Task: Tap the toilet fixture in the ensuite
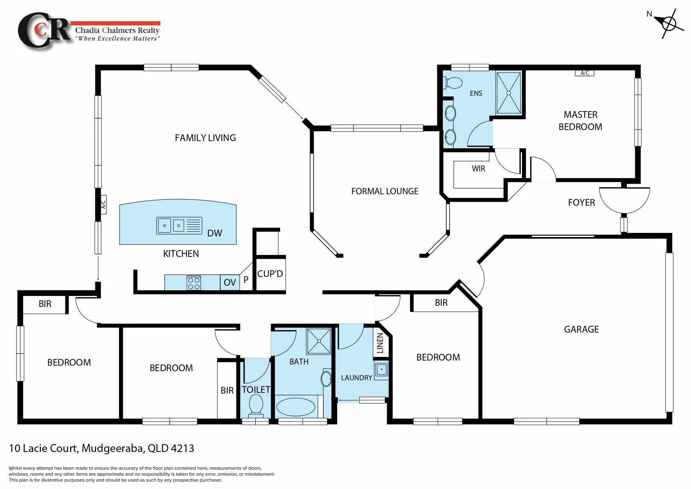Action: click(x=453, y=83)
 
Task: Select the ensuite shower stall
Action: click(x=509, y=93)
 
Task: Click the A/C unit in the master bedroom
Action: click(x=585, y=73)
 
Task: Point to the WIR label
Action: click(x=478, y=169)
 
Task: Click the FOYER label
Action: click(x=581, y=203)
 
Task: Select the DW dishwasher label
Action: click(x=215, y=233)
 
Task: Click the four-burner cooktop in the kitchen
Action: click(x=194, y=283)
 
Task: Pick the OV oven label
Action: click(x=230, y=283)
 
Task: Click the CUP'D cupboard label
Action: click(x=270, y=274)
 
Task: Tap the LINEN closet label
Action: click(x=380, y=343)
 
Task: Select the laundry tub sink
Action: click(x=381, y=370)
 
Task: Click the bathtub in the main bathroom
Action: click(x=296, y=407)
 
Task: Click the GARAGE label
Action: click(x=581, y=329)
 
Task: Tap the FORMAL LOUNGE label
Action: click(x=385, y=192)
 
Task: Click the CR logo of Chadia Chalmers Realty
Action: click(x=44, y=31)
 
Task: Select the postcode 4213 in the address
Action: click(x=182, y=448)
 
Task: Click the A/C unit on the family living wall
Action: click(x=104, y=205)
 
